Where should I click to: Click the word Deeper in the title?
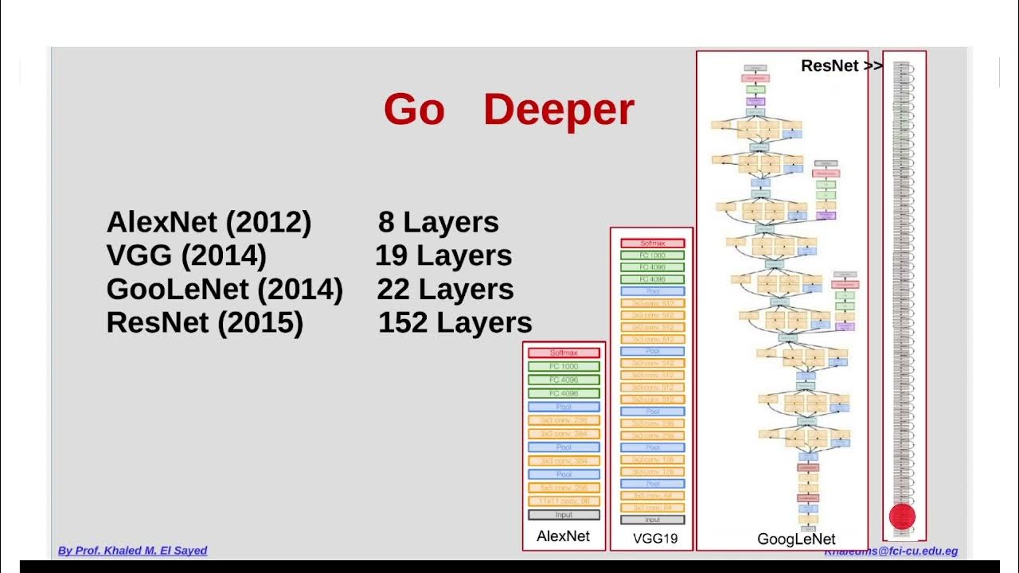pos(558,110)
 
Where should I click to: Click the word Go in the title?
pos(414,110)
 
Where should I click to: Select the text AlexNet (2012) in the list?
pos(209,223)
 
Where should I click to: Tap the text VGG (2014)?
pos(186,256)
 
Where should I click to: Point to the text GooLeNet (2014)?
pos(224,290)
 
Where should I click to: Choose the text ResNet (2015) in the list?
pos(205,323)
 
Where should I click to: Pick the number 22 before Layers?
pos(393,290)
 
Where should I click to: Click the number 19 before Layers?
pos(391,256)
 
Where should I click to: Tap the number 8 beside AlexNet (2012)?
pos(386,223)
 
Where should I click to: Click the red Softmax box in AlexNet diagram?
pos(564,353)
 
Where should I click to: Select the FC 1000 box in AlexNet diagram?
pos(564,366)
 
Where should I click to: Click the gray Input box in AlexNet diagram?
pos(564,515)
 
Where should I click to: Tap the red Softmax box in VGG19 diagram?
pos(652,243)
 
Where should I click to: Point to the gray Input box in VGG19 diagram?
pos(652,520)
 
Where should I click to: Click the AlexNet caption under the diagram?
pos(564,536)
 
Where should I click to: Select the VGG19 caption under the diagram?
pos(655,539)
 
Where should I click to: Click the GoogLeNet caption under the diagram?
pos(796,540)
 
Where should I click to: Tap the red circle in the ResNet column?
pos(902,516)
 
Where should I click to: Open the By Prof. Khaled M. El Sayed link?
pos(132,551)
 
